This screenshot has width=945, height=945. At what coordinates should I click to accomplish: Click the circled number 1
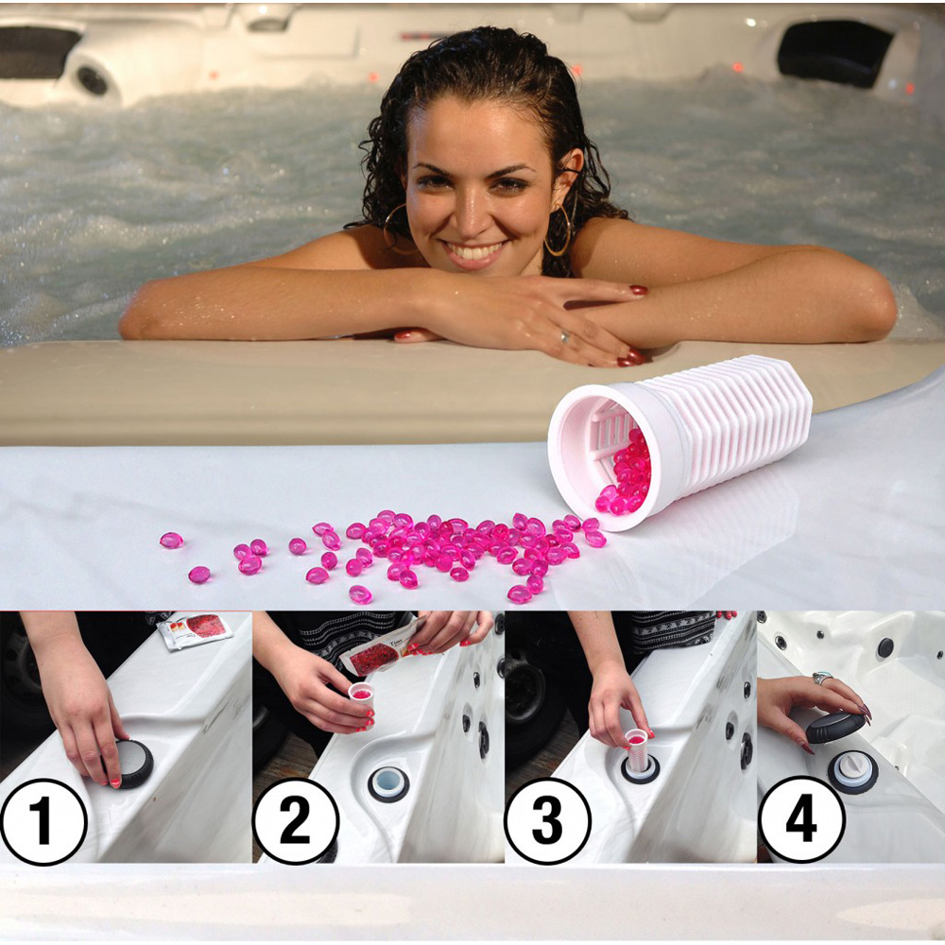43,821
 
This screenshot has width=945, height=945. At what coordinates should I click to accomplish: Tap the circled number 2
295,821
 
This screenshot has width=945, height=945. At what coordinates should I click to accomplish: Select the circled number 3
547,821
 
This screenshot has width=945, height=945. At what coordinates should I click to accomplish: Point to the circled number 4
801,818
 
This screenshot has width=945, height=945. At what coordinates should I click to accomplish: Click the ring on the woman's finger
565,337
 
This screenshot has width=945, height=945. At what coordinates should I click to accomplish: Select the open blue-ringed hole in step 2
388,783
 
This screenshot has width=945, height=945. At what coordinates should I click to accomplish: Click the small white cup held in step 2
362,700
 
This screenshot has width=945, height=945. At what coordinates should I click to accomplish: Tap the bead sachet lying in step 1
194,630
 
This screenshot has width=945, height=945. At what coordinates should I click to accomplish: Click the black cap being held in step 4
835,727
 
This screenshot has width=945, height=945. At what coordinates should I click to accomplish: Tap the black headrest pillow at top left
38,51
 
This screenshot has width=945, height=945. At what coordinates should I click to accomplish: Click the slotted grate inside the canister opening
608,433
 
